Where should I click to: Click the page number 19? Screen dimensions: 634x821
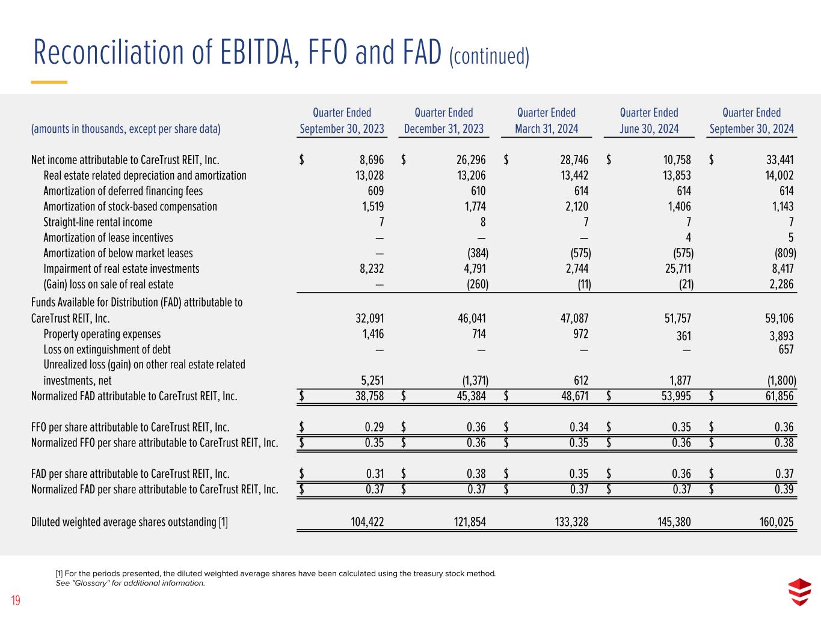pos(16,600)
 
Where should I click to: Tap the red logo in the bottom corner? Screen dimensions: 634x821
pos(799,593)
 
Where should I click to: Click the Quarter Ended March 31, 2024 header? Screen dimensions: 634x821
pos(546,120)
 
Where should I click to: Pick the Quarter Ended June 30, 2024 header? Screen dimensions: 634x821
pos(649,120)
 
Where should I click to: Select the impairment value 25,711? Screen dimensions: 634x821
pos(677,269)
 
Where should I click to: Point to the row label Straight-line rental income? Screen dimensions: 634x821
pos(97,222)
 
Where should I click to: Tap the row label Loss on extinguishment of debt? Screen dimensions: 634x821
pos(106,349)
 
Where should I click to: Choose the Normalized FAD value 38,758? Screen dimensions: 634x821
pos(367,396)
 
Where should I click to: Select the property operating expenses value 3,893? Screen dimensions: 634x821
pos(781,335)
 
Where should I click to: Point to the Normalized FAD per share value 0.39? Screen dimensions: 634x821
pos(784,489)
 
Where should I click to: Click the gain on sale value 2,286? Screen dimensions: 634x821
pos(781,284)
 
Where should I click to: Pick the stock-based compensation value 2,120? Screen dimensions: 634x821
pos(575,207)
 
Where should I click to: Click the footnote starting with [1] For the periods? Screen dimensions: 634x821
pos(275,573)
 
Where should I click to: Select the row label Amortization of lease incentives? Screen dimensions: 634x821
pos(108,238)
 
